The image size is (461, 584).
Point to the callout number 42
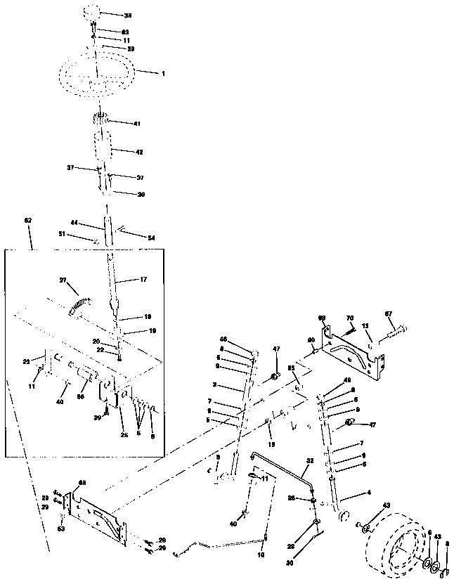[x=138, y=151]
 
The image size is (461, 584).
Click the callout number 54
[x=150, y=239]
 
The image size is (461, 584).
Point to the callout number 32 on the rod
[x=309, y=461]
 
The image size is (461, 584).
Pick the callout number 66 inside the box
[x=81, y=398]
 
